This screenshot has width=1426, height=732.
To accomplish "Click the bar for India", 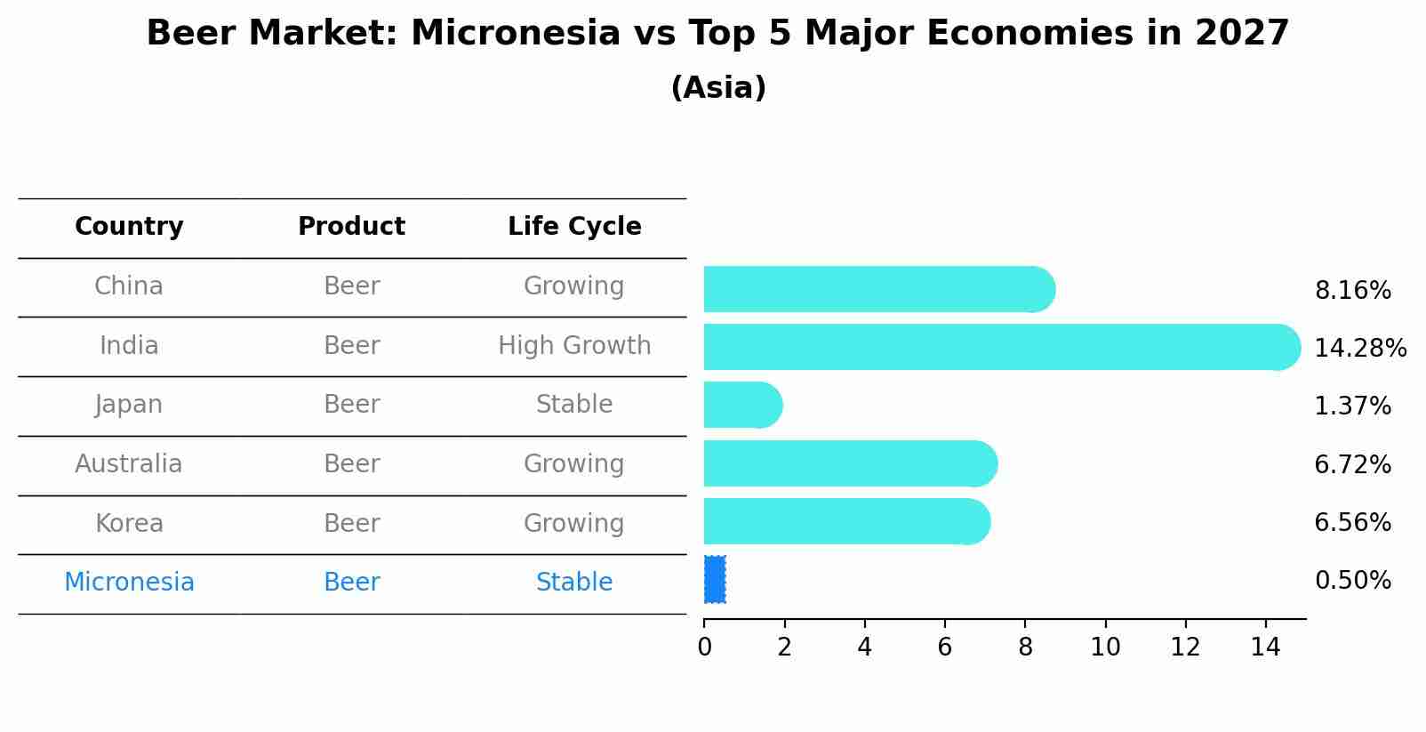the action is (x=1002, y=347).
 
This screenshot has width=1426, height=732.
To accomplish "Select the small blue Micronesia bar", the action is (x=715, y=579).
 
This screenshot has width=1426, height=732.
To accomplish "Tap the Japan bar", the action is (x=743, y=406).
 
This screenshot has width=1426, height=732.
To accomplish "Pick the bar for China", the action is (x=880, y=289).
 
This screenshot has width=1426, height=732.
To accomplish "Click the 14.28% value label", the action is (x=1360, y=348).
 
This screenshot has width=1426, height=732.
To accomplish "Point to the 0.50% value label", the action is (x=1353, y=581).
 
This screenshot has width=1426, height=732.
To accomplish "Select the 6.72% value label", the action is (x=1353, y=464).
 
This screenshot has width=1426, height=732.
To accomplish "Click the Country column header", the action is (x=129, y=226).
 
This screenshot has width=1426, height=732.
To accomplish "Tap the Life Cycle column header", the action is (x=574, y=226).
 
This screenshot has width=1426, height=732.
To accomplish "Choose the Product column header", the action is (x=351, y=226).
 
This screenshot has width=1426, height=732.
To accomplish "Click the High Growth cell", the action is (x=574, y=346).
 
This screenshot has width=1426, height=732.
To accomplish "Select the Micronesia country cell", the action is (x=129, y=582).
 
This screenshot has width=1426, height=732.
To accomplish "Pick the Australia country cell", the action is (x=129, y=463).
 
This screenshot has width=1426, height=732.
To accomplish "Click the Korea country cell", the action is (x=129, y=523).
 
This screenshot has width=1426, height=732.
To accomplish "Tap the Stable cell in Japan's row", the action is (x=574, y=404).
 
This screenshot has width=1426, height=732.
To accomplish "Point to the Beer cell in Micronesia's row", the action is (x=351, y=582).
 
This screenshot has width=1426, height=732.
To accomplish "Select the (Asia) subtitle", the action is (x=718, y=87).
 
